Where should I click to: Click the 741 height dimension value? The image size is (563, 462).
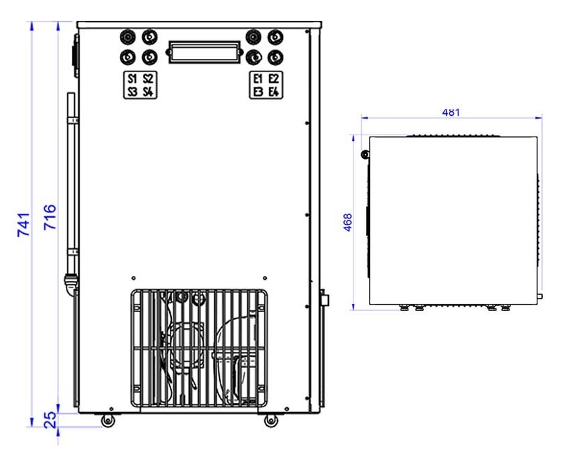[x=24, y=225]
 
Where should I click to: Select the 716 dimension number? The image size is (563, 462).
[x=50, y=217]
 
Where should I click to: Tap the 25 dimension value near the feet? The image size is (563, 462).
[x=50, y=420]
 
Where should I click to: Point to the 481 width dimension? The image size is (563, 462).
[x=451, y=112]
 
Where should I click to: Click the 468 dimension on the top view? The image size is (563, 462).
[x=347, y=222]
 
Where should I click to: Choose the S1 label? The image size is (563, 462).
[x=132, y=78]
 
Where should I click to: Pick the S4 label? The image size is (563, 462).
[x=148, y=92]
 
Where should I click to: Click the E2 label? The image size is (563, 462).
[x=274, y=78]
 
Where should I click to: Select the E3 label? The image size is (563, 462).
[x=258, y=92]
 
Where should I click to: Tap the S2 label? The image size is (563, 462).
[x=148, y=78]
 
